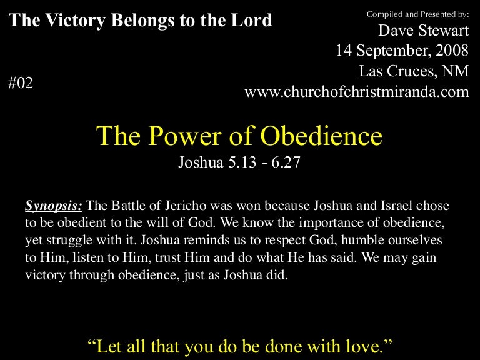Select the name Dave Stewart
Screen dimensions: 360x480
click(424, 31)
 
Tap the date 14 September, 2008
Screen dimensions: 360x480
click(402, 51)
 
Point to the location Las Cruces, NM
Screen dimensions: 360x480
click(414, 71)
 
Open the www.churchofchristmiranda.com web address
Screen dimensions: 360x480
click(356, 92)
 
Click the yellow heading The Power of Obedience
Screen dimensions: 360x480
click(239, 136)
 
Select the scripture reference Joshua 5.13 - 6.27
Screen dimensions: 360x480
click(239, 164)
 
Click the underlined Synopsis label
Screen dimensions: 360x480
click(53, 205)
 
